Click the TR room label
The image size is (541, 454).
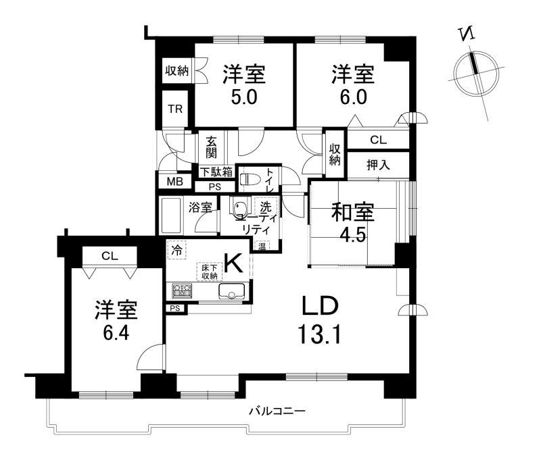point(175,109)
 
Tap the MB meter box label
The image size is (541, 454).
point(175,181)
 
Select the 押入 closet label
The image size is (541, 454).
point(378,165)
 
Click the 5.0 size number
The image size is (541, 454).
point(243,97)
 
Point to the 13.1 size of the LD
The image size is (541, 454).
point(319,334)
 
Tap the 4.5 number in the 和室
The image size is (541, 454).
point(352,235)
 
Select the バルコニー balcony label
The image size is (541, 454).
point(278,411)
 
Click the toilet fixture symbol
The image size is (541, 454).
point(245,180)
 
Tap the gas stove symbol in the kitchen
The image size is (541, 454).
point(182,291)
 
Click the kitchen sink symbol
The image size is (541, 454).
point(231,291)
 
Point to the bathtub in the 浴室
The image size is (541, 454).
point(170,215)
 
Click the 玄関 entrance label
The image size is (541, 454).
point(211,147)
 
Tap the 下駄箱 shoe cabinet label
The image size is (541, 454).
point(216,172)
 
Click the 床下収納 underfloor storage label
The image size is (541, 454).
point(210,272)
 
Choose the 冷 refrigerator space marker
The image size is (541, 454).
point(177,250)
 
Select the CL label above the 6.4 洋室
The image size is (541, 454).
point(110,256)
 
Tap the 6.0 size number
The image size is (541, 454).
point(353,97)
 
